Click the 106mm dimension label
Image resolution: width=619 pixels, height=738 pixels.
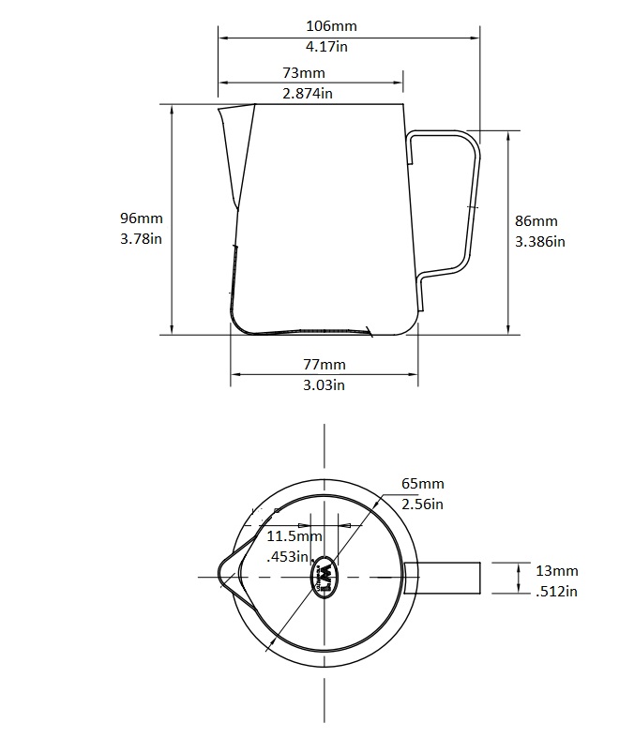tap(332, 26)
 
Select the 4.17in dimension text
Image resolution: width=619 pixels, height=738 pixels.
tap(332, 45)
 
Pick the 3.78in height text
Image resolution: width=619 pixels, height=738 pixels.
tap(142, 238)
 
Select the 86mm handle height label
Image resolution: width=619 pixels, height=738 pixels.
tap(536, 221)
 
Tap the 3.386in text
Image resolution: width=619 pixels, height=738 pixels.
tap(540, 241)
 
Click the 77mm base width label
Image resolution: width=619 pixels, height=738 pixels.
tap(325, 364)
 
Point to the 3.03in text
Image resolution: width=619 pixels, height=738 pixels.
tap(325, 384)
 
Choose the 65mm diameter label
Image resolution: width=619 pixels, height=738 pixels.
tap(422, 484)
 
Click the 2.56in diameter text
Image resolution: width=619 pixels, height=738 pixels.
tap(422, 504)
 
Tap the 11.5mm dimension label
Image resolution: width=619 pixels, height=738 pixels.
tap(294, 536)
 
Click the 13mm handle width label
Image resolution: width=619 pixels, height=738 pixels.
tap(556, 570)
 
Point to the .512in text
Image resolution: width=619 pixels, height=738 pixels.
tap(556, 590)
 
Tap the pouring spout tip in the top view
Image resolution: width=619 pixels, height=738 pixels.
tap(221, 576)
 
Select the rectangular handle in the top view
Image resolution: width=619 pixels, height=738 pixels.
tap(444, 578)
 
